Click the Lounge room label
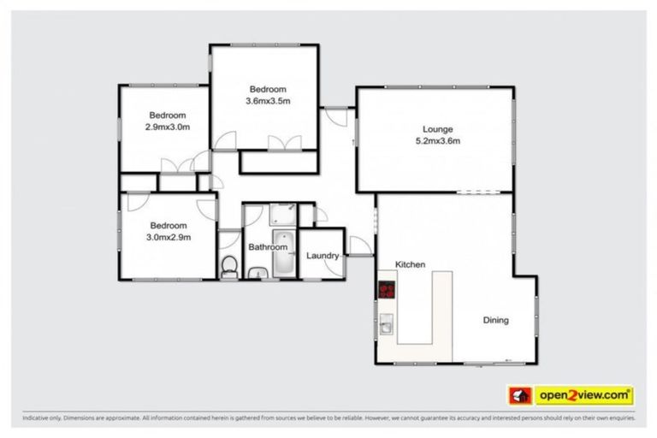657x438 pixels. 437,129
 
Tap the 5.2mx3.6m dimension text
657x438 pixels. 437,141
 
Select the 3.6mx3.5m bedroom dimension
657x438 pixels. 268,101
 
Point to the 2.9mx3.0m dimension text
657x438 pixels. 167,127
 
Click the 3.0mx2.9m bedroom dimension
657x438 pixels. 167,237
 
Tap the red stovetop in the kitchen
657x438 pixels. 387,290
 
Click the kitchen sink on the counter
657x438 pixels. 387,324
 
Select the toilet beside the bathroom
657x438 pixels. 228,267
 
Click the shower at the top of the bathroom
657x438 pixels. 282,213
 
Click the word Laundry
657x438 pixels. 323,255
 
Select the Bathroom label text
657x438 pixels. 268,247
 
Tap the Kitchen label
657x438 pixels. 410,264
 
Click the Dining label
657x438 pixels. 495,321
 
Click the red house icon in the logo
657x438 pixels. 519,395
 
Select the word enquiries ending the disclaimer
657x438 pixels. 619,418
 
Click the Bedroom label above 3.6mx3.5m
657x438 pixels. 268,89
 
